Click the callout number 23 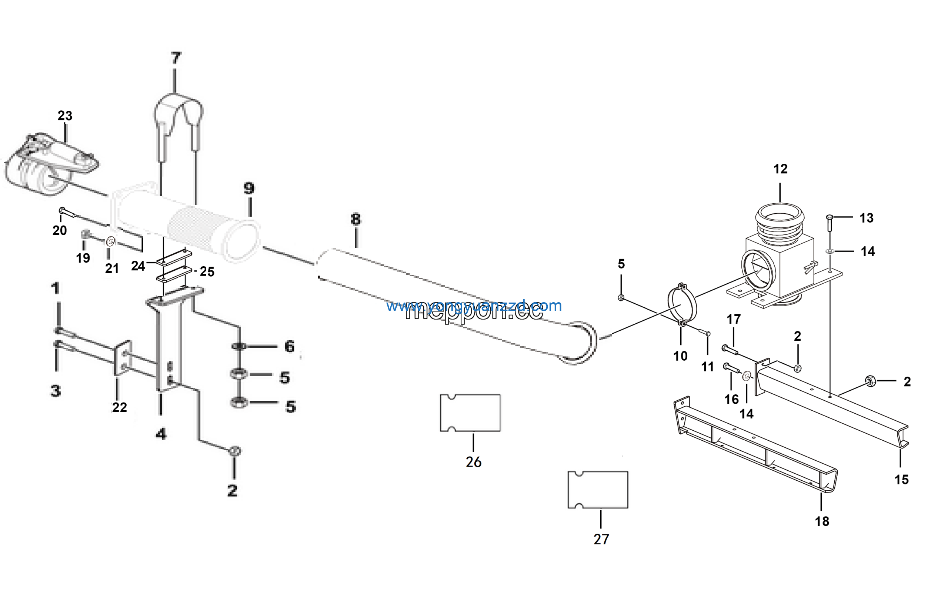(65, 116)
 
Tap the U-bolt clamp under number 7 (179, 116)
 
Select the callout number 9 (249, 188)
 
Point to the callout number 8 (356, 219)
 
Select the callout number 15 (902, 479)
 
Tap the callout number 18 (822, 521)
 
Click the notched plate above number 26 (470, 413)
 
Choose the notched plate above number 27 (598, 490)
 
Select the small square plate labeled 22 (123, 358)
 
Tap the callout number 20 (60, 230)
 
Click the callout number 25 (207, 271)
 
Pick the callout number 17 (733, 319)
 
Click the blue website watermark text (474, 306)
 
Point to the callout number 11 (707, 366)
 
